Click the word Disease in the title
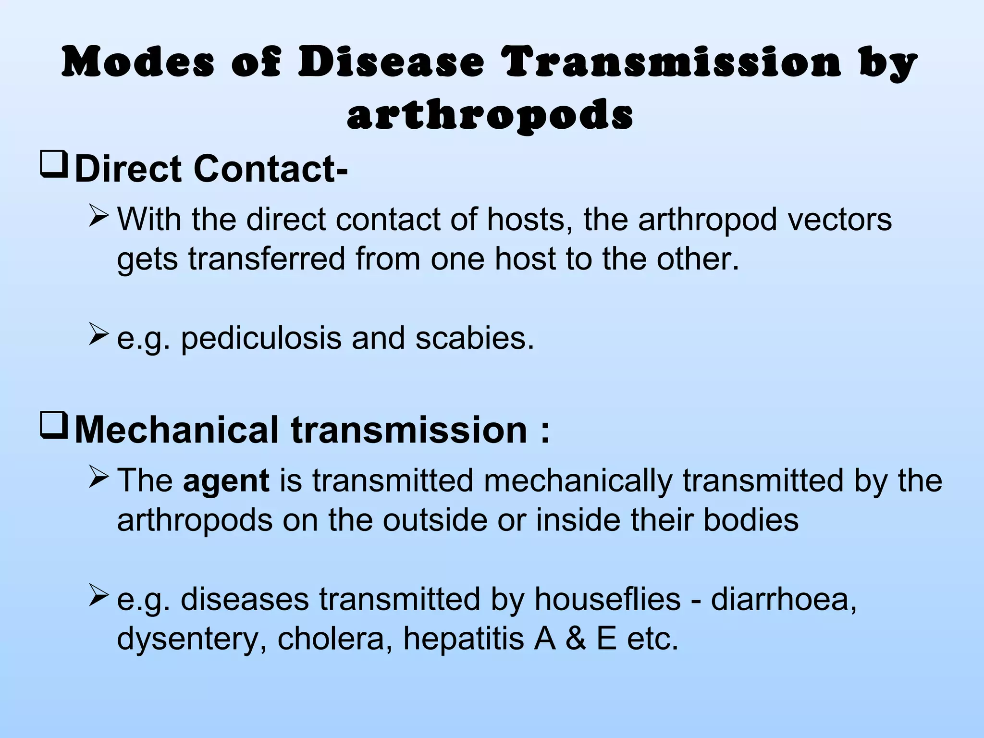(x=391, y=63)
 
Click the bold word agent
(x=226, y=480)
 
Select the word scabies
(x=475, y=338)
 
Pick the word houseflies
(x=608, y=599)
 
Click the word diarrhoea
(x=783, y=599)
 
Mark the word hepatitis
(x=463, y=639)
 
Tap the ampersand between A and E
(x=576, y=639)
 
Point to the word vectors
(x=836, y=220)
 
